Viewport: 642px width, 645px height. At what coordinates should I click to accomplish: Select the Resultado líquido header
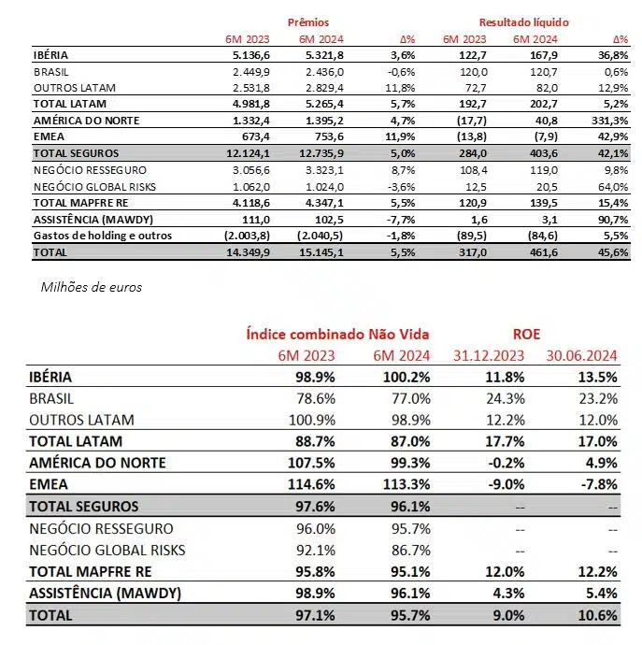pyautogui.click(x=523, y=21)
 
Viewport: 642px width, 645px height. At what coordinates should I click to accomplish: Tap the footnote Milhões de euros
pyautogui.click(x=91, y=287)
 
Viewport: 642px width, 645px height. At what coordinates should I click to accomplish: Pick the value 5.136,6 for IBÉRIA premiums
pyautogui.click(x=249, y=56)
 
